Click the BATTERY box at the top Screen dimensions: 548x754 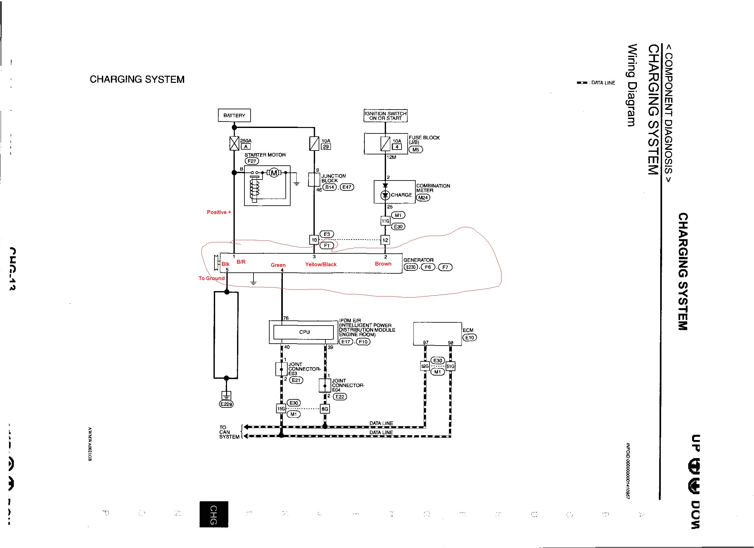[234, 115]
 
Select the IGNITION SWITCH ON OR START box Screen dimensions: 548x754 [385, 116]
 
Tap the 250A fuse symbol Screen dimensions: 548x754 [234, 143]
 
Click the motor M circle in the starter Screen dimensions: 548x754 [274, 173]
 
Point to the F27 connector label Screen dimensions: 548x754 [252, 161]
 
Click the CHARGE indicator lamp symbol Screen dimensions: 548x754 [385, 195]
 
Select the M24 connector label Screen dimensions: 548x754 [423, 197]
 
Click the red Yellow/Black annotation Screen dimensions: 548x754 [321, 265]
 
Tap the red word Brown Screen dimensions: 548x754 [383, 264]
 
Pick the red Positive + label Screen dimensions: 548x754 [219, 212]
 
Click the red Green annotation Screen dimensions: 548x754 [278, 265]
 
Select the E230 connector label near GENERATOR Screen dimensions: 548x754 [411, 267]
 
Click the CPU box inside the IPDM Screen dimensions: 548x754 [304, 332]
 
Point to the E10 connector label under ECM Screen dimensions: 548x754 [469, 338]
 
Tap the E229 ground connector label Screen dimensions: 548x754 [226, 404]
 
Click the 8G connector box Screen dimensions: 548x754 [324, 409]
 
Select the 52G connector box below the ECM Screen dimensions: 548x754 [425, 366]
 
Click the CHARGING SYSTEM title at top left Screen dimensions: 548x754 [137, 79]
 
